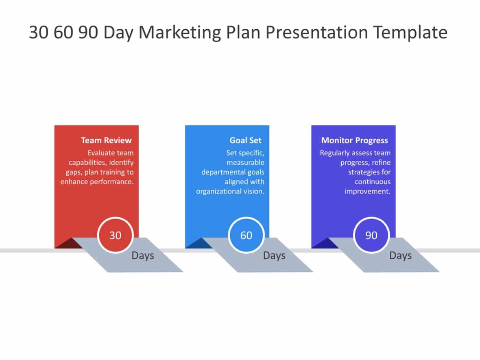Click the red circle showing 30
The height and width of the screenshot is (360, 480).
coord(115,235)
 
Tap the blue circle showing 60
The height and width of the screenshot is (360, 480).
coord(246,235)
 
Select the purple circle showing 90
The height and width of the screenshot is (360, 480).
coord(371,235)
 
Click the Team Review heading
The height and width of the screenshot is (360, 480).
coord(106,140)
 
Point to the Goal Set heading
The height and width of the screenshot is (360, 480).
coord(245,140)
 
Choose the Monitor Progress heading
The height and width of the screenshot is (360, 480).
coord(354,140)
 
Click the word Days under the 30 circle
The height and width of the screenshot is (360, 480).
coord(143,256)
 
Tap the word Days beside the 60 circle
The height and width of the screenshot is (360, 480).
coord(274,256)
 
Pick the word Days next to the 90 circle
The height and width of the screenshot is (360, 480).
coord(400,256)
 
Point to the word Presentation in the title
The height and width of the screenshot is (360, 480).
coord(314,33)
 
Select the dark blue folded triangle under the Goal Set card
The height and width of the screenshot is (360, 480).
coord(193,244)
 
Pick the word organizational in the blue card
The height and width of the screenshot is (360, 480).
coord(218,191)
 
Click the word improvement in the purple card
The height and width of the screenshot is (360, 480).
coord(367,191)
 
